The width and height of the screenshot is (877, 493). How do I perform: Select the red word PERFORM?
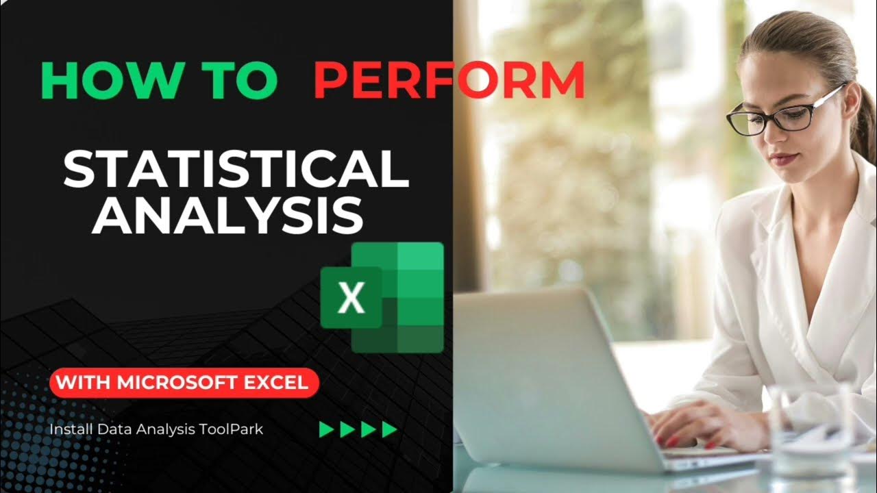pyautogui.click(x=449, y=80)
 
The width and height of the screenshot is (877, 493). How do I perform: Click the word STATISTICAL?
pyautogui.click(x=236, y=169)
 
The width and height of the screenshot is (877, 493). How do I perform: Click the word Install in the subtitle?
pyautogui.click(x=71, y=429)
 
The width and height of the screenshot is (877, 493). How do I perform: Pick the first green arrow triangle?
pyautogui.click(x=328, y=429)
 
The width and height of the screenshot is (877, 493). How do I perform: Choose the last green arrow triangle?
pyautogui.click(x=390, y=429)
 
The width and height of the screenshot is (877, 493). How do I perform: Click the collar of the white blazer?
pyautogui.click(x=822, y=219)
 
